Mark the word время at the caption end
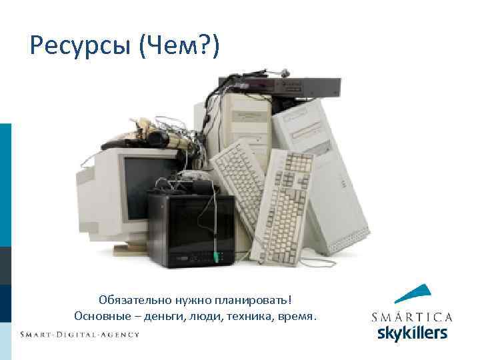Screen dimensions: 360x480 [295, 315]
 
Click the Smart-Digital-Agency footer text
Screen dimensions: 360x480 [79, 334]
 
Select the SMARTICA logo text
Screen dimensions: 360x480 [411, 317]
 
